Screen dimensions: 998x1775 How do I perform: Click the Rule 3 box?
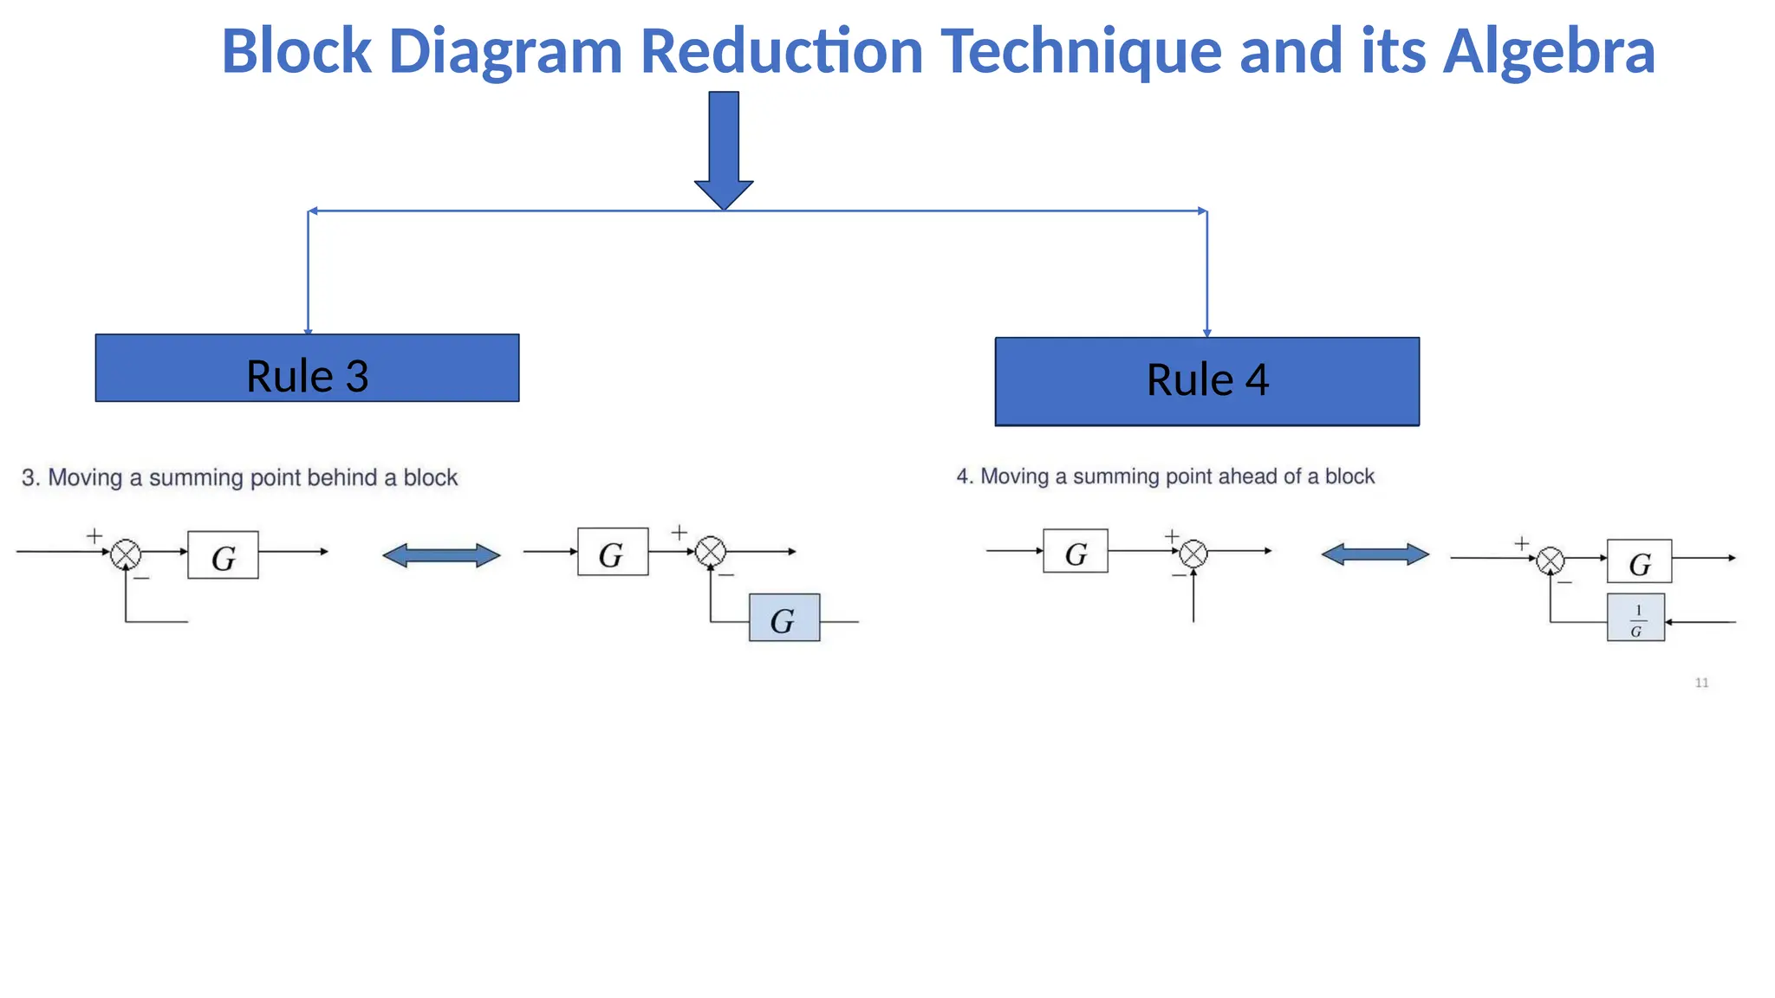(307, 368)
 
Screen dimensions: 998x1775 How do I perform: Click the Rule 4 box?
(1206, 381)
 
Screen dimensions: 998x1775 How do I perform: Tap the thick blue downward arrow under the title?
(724, 147)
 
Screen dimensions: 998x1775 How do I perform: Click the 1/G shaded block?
(1635, 618)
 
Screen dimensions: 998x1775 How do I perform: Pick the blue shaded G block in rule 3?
(783, 618)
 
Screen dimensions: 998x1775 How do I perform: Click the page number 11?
(1701, 683)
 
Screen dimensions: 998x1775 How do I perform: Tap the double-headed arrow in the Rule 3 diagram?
(441, 555)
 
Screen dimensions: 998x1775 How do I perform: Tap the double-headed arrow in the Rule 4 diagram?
(1375, 554)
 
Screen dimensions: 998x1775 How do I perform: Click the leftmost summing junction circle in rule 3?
(126, 554)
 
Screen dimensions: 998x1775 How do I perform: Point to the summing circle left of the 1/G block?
(1550, 561)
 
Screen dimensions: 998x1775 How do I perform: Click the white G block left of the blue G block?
(613, 552)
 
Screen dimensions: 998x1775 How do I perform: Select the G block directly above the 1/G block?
(1639, 561)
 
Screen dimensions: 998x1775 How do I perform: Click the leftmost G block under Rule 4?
(1075, 551)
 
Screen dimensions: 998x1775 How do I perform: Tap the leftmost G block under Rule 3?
(223, 555)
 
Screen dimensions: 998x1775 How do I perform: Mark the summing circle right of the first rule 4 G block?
(1193, 554)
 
